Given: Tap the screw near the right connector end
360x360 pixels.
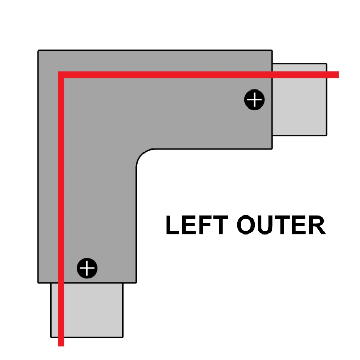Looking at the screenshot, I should click(x=254, y=100).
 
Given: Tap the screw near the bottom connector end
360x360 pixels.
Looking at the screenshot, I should click(x=87, y=268).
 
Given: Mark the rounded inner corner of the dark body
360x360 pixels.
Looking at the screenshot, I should click(x=142, y=155).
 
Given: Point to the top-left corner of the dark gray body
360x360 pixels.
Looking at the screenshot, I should click(x=39, y=51).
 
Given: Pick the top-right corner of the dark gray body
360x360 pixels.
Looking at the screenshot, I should click(x=271, y=51).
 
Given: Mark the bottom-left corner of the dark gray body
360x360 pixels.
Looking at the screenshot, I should click(x=39, y=282).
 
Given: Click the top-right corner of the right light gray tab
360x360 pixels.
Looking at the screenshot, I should click(x=326, y=64).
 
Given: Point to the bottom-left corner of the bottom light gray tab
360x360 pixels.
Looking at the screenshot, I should click(x=51, y=336).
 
